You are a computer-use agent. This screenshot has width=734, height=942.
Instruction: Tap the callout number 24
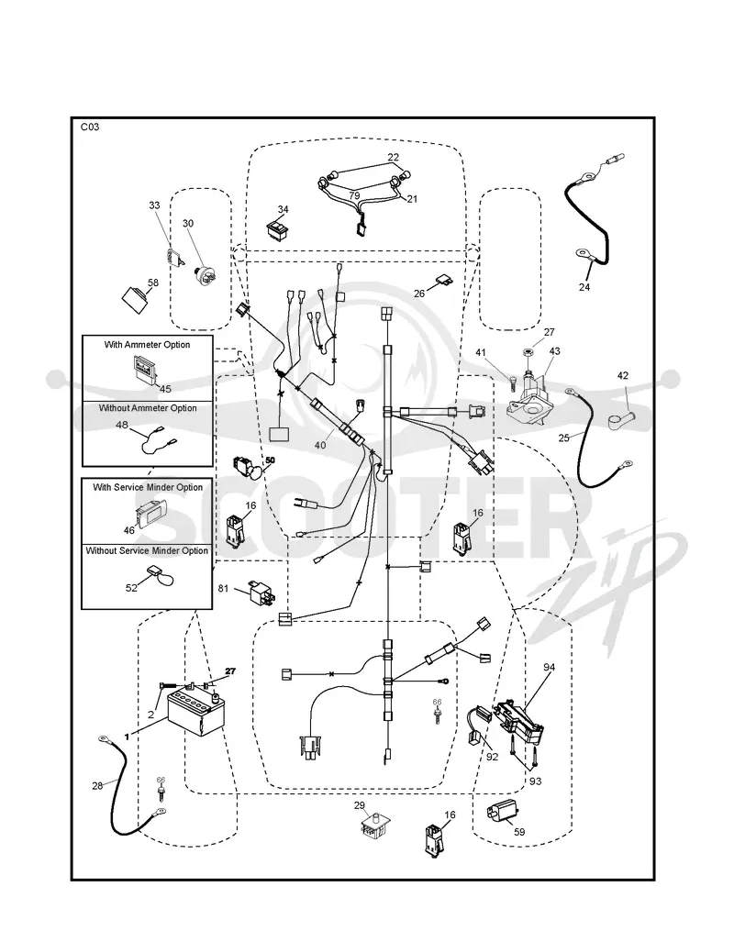(x=584, y=287)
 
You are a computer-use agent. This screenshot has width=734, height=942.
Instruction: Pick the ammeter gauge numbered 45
(x=144, y=369)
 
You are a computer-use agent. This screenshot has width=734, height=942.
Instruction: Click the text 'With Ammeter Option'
(x=148, y=345)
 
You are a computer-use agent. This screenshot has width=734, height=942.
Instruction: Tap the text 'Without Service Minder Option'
(x=148, y=550)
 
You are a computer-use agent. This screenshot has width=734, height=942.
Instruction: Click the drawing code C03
(x=90, y=127)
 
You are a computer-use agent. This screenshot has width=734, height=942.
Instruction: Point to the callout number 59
(x=519, y=832)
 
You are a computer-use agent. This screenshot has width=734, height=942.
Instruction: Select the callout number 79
(x=355, y=196)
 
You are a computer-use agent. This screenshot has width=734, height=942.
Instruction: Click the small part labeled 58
(x=137, y=299)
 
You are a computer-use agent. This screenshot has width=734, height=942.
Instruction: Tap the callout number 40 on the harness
(x=320, y=445)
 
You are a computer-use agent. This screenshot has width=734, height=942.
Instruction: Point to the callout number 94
(x=549, y=668)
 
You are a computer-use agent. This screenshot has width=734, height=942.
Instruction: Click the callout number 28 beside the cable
(x=97, y=786)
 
